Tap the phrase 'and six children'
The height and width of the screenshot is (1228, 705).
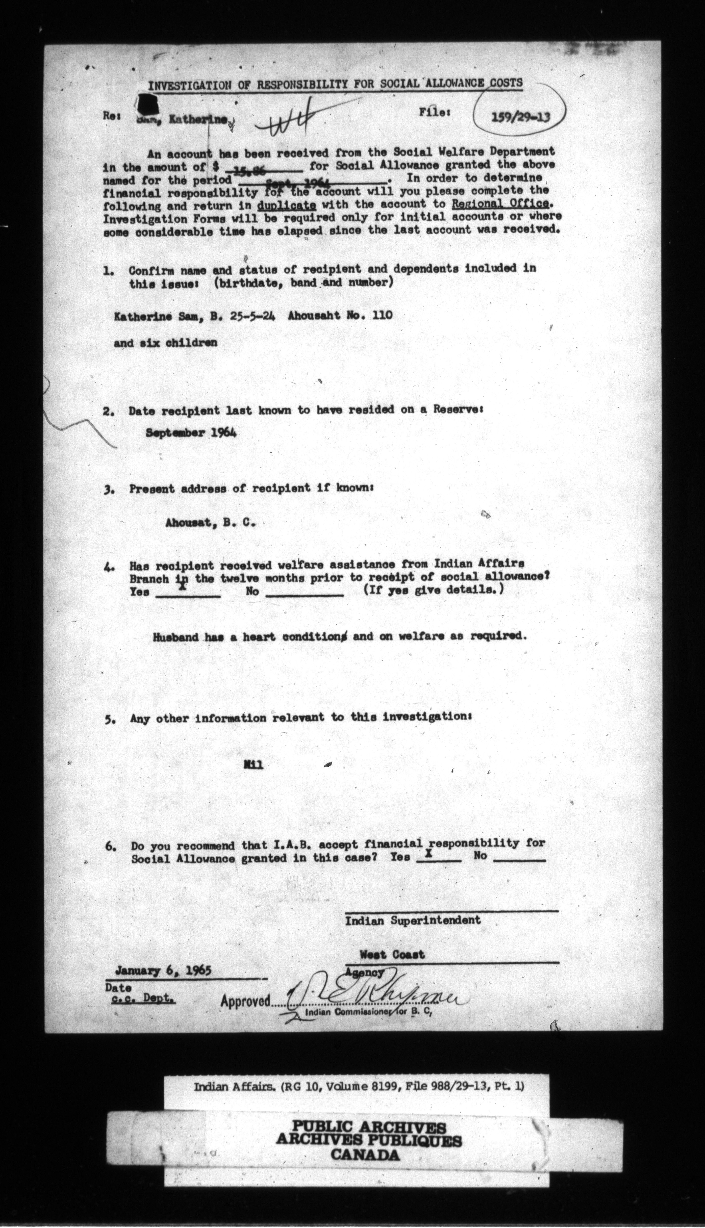(165, 343)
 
